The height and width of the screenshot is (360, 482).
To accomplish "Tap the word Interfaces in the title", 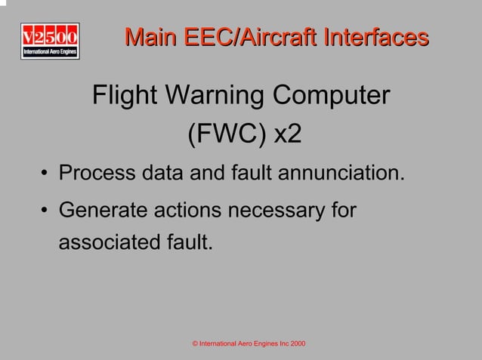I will [x=369, y=37].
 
